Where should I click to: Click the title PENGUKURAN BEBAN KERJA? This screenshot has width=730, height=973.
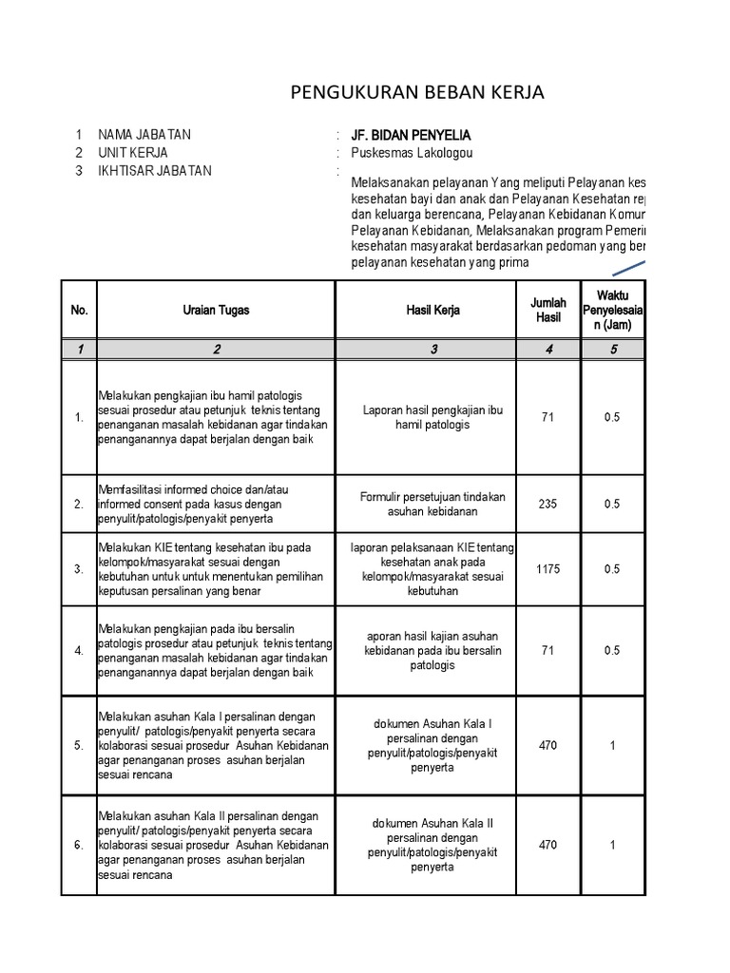pos(417,92)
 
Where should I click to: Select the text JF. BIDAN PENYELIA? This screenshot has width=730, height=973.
pos(411,135)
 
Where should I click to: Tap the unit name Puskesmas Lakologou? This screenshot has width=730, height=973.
pos(412,153)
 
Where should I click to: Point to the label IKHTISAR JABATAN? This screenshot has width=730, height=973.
pos(155,171)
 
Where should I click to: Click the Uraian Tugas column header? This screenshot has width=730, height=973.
pos(217,310)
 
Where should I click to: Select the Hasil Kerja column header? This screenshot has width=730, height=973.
pos(432,310)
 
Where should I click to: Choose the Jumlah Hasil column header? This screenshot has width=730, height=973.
pos(547,310)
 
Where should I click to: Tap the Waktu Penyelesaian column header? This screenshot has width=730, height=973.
pos(613,310)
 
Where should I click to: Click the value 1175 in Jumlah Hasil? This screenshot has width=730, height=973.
pos(547,569)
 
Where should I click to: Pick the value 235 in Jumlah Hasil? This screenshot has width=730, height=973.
pos(547,505)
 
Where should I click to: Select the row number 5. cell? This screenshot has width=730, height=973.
pos(79,746)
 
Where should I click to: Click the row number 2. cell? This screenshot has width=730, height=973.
pos(79,505)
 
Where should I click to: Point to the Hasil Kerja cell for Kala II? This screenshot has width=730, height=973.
pos(432,845)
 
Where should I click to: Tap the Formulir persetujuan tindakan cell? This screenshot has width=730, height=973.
pos(432,505)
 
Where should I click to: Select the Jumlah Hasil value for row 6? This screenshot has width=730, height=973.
pos(547,845)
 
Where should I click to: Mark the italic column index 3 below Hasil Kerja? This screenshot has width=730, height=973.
pos(432,350)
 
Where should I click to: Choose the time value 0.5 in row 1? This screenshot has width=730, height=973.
pos(613,418)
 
